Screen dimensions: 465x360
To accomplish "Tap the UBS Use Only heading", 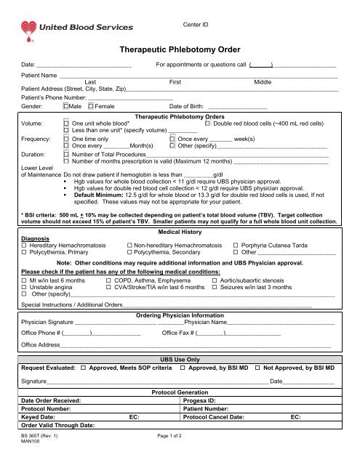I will pos(179,360).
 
